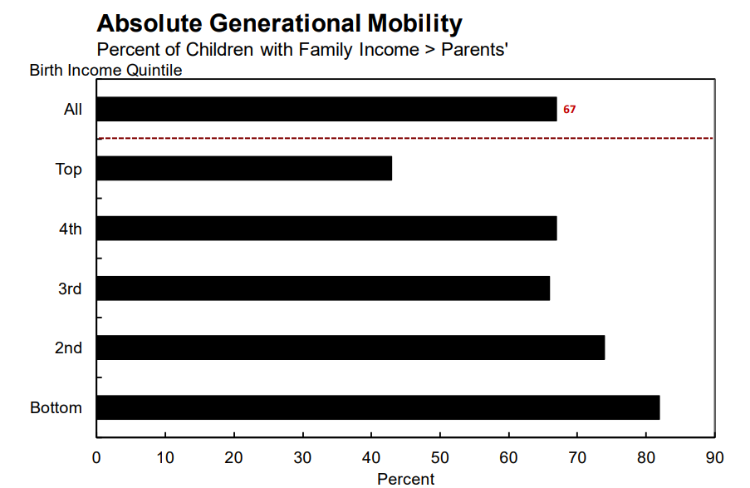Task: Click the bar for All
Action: pos(326,109)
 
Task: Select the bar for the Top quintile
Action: pos(244,169)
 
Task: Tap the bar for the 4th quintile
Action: pos(326,229)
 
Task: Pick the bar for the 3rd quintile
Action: pos(323,288)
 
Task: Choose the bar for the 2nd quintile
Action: pos(350,348)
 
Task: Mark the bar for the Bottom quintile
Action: pos(378,407)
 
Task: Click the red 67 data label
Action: pos(569,109)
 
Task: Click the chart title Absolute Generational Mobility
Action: pos(279,22)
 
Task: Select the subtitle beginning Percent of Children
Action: pos(302,49)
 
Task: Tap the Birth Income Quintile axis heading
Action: pos(105,70)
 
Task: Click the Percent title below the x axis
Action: pos(405,479)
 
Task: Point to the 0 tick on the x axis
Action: pos(96,457)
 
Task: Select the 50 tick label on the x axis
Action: pos(439,457)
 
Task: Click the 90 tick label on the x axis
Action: pos(714,457)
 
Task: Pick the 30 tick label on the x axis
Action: pos(302,457)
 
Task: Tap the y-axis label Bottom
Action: pos(56,408)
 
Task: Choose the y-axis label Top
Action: pos(68,170)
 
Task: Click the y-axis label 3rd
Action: pos(70,288)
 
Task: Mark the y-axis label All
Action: pos(73,110)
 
